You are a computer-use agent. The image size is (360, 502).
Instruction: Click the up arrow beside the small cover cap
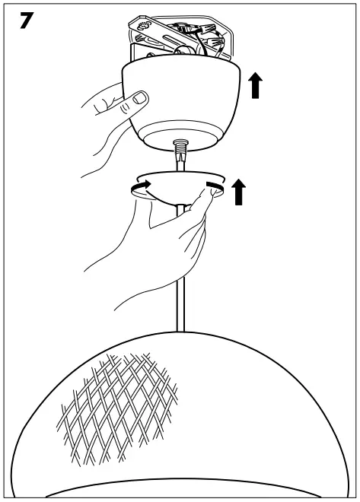click(239, 192)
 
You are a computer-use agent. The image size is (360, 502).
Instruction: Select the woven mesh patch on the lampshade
click(118, 403)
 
